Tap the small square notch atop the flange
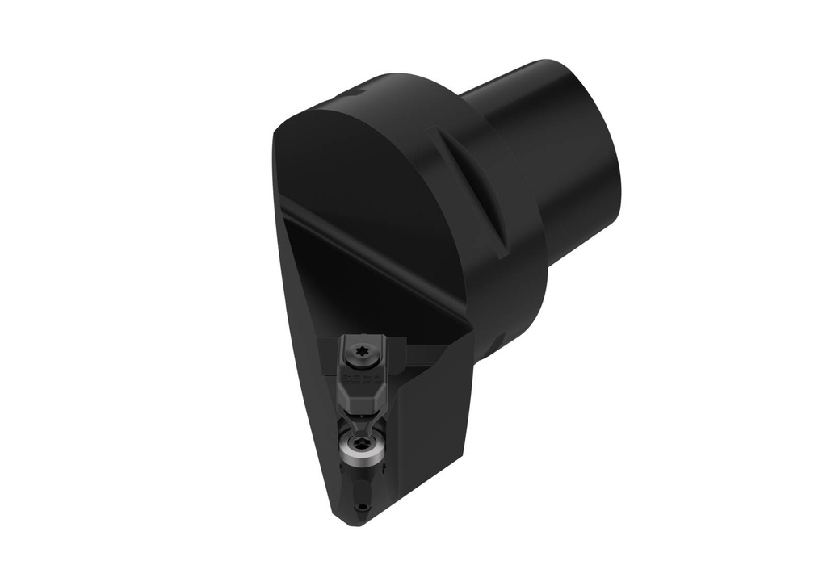point(354,95)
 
